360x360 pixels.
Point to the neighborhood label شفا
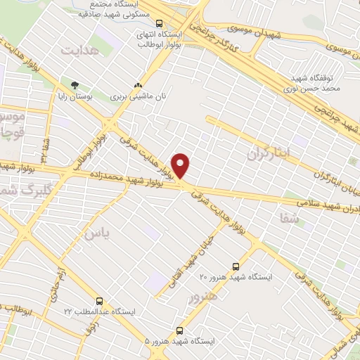click(288, 219)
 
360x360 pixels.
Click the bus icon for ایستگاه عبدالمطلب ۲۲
click(98, 300)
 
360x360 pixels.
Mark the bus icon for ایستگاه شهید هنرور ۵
click(180, 329)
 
